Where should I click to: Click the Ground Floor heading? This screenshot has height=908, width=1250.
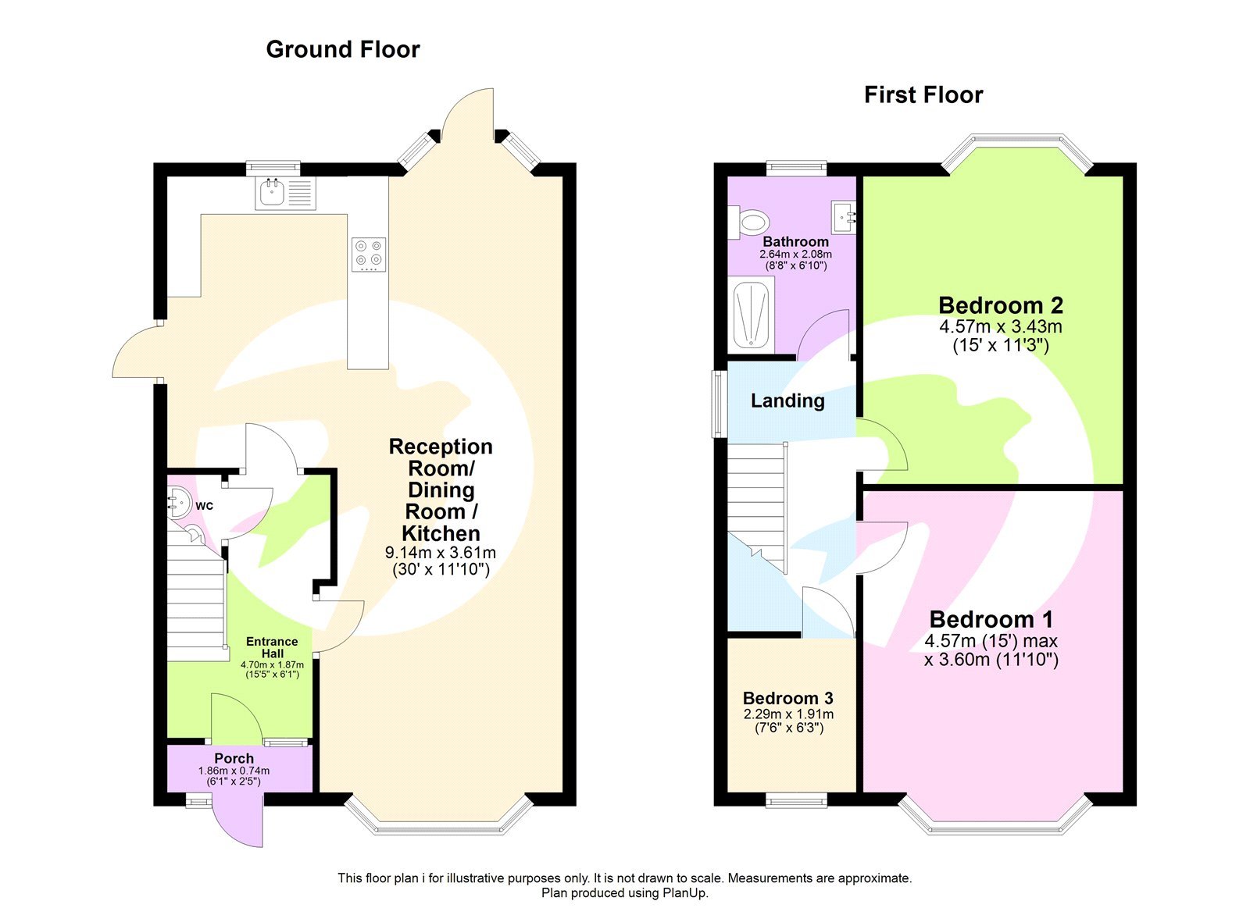click(342, 49)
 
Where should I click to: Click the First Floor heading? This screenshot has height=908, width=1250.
click(923, 95)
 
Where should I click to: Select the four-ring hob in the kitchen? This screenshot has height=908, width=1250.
click(368, 254)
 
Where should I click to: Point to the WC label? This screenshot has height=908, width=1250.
click(204, 506)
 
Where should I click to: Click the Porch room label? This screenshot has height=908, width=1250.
click(234, 758)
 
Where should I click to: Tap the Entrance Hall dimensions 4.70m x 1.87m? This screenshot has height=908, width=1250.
click(272, 665)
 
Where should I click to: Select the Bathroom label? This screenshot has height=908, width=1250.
click(795, 241)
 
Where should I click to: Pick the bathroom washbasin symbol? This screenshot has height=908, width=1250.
click(844, 217)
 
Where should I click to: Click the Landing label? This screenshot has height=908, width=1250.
click(787, 401)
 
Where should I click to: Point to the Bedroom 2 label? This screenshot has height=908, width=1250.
click(1000, 305)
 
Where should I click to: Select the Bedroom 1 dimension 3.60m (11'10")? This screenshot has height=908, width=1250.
click(991, 660)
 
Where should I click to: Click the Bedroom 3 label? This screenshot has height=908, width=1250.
click(787, 698)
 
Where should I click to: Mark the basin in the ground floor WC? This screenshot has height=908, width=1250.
click(179, 503)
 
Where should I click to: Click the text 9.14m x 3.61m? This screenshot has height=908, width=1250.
click(441, 553)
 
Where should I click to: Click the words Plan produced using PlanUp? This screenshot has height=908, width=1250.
click(624, 893)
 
